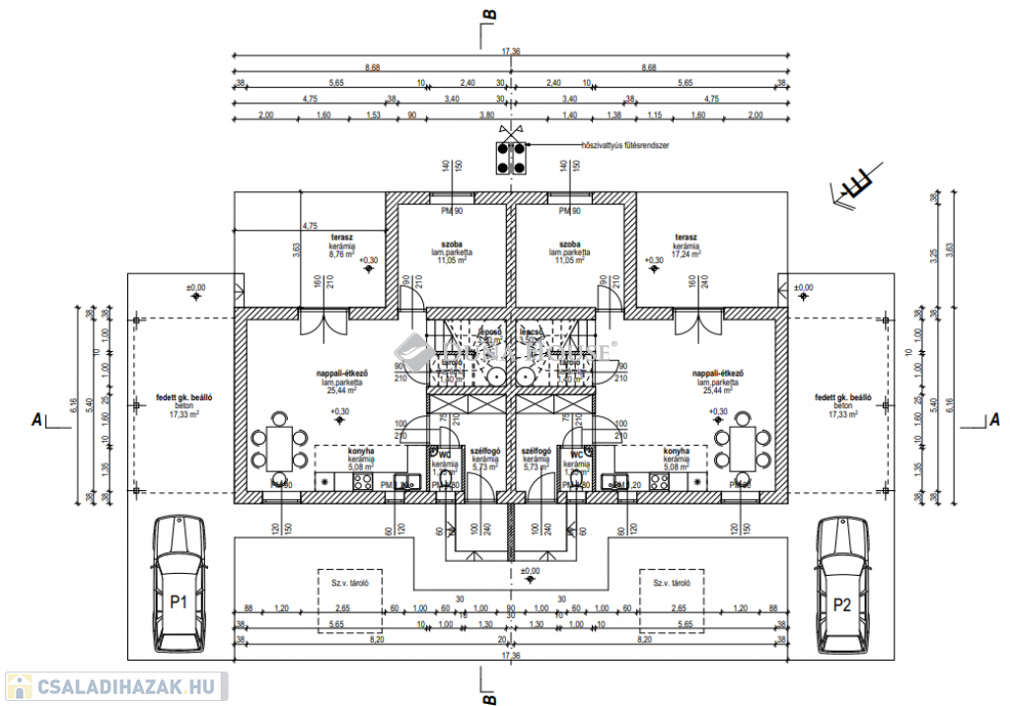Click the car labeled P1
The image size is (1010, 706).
(x=179, y=584)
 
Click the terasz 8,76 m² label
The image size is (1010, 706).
(x=342, y=245)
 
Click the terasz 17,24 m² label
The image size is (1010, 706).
(x=686, y=245)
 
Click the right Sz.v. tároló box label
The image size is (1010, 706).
(x=671, y=583)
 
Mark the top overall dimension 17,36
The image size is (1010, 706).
(x=510, y=50)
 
